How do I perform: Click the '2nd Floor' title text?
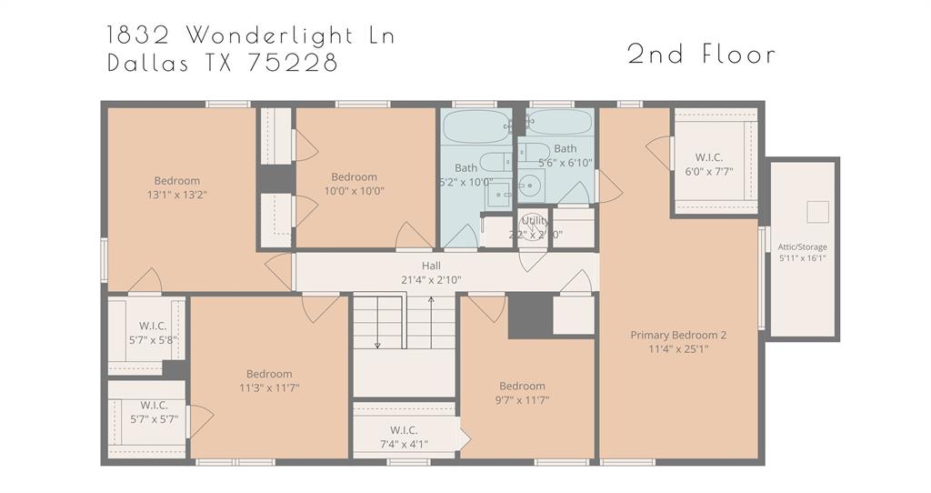(x=701, y=55)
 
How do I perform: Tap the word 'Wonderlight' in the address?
(x=288, y=35)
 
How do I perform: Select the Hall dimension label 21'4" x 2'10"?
(x=431, y=279)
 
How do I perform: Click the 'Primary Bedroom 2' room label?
(x=678, y=335)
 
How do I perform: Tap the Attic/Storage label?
(x=802, y=246)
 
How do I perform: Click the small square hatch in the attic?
(x=818, y=211)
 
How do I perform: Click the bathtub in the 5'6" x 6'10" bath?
(x=559, y=123)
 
